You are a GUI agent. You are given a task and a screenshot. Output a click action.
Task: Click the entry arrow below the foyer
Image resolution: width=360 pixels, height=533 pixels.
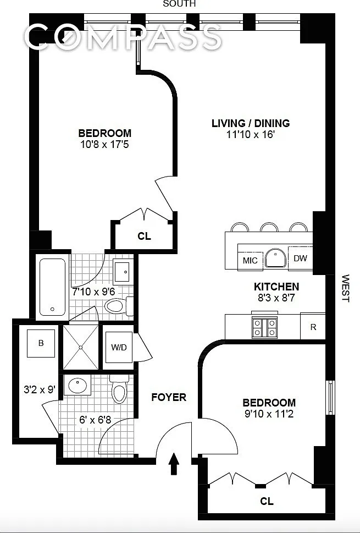click(174, 463)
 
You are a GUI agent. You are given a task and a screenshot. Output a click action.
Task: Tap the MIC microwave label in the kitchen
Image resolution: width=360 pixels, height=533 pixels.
click(250, 260)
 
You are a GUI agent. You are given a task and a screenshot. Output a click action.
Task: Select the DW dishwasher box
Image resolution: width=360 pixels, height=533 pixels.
click(300, 258)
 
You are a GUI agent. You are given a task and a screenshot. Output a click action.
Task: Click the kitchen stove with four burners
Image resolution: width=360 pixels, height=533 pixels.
click(264, 327)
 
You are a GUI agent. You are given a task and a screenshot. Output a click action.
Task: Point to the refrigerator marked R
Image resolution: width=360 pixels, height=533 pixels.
click(313, 327)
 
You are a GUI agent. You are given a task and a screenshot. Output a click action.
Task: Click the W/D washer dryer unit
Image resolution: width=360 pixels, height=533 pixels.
click(119, 347)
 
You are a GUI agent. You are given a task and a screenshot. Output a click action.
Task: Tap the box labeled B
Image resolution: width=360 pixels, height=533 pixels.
click(41, 343)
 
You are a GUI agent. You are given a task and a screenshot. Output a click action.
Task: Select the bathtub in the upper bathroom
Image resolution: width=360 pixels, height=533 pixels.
click(53, 287)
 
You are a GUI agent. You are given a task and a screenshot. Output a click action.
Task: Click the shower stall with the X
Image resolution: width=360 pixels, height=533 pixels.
click(81, 347)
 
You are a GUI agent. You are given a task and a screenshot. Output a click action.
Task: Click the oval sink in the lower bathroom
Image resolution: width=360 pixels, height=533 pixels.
click(77, 385)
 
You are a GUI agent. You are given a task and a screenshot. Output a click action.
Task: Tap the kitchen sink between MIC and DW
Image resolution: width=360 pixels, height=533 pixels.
click(275, 258)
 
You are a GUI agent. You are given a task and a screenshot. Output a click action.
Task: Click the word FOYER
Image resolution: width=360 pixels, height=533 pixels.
click(169, 397)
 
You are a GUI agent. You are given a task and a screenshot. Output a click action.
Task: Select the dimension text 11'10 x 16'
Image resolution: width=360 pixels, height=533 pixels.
click(250, 135)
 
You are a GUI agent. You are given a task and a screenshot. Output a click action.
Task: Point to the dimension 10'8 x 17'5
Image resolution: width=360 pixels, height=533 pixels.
click(104, 145)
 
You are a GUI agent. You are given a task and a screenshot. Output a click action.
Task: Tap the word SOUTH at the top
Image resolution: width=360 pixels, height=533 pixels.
click(179, 4)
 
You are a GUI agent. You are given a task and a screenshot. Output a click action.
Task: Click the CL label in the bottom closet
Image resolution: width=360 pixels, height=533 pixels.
click(267, 501)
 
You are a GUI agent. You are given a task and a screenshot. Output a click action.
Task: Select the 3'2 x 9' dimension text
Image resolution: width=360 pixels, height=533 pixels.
click(40, 389)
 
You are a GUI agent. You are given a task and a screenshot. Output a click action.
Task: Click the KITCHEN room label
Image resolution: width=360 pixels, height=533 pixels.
click(276, 287)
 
